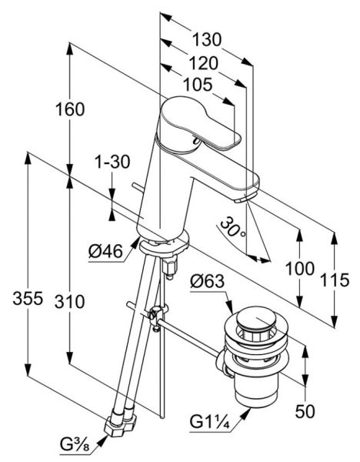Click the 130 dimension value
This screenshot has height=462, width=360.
click(207, 39)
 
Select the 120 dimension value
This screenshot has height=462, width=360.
click(203, 63)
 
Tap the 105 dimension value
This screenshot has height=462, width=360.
click(198, 85)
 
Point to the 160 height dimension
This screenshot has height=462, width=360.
click(70, 109)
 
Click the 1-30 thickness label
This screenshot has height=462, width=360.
click(112, 162)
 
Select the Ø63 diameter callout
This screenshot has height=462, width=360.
click(208, 281)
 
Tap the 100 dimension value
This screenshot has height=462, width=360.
click(300, 269)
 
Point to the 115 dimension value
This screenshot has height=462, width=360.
click(335, 280)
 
